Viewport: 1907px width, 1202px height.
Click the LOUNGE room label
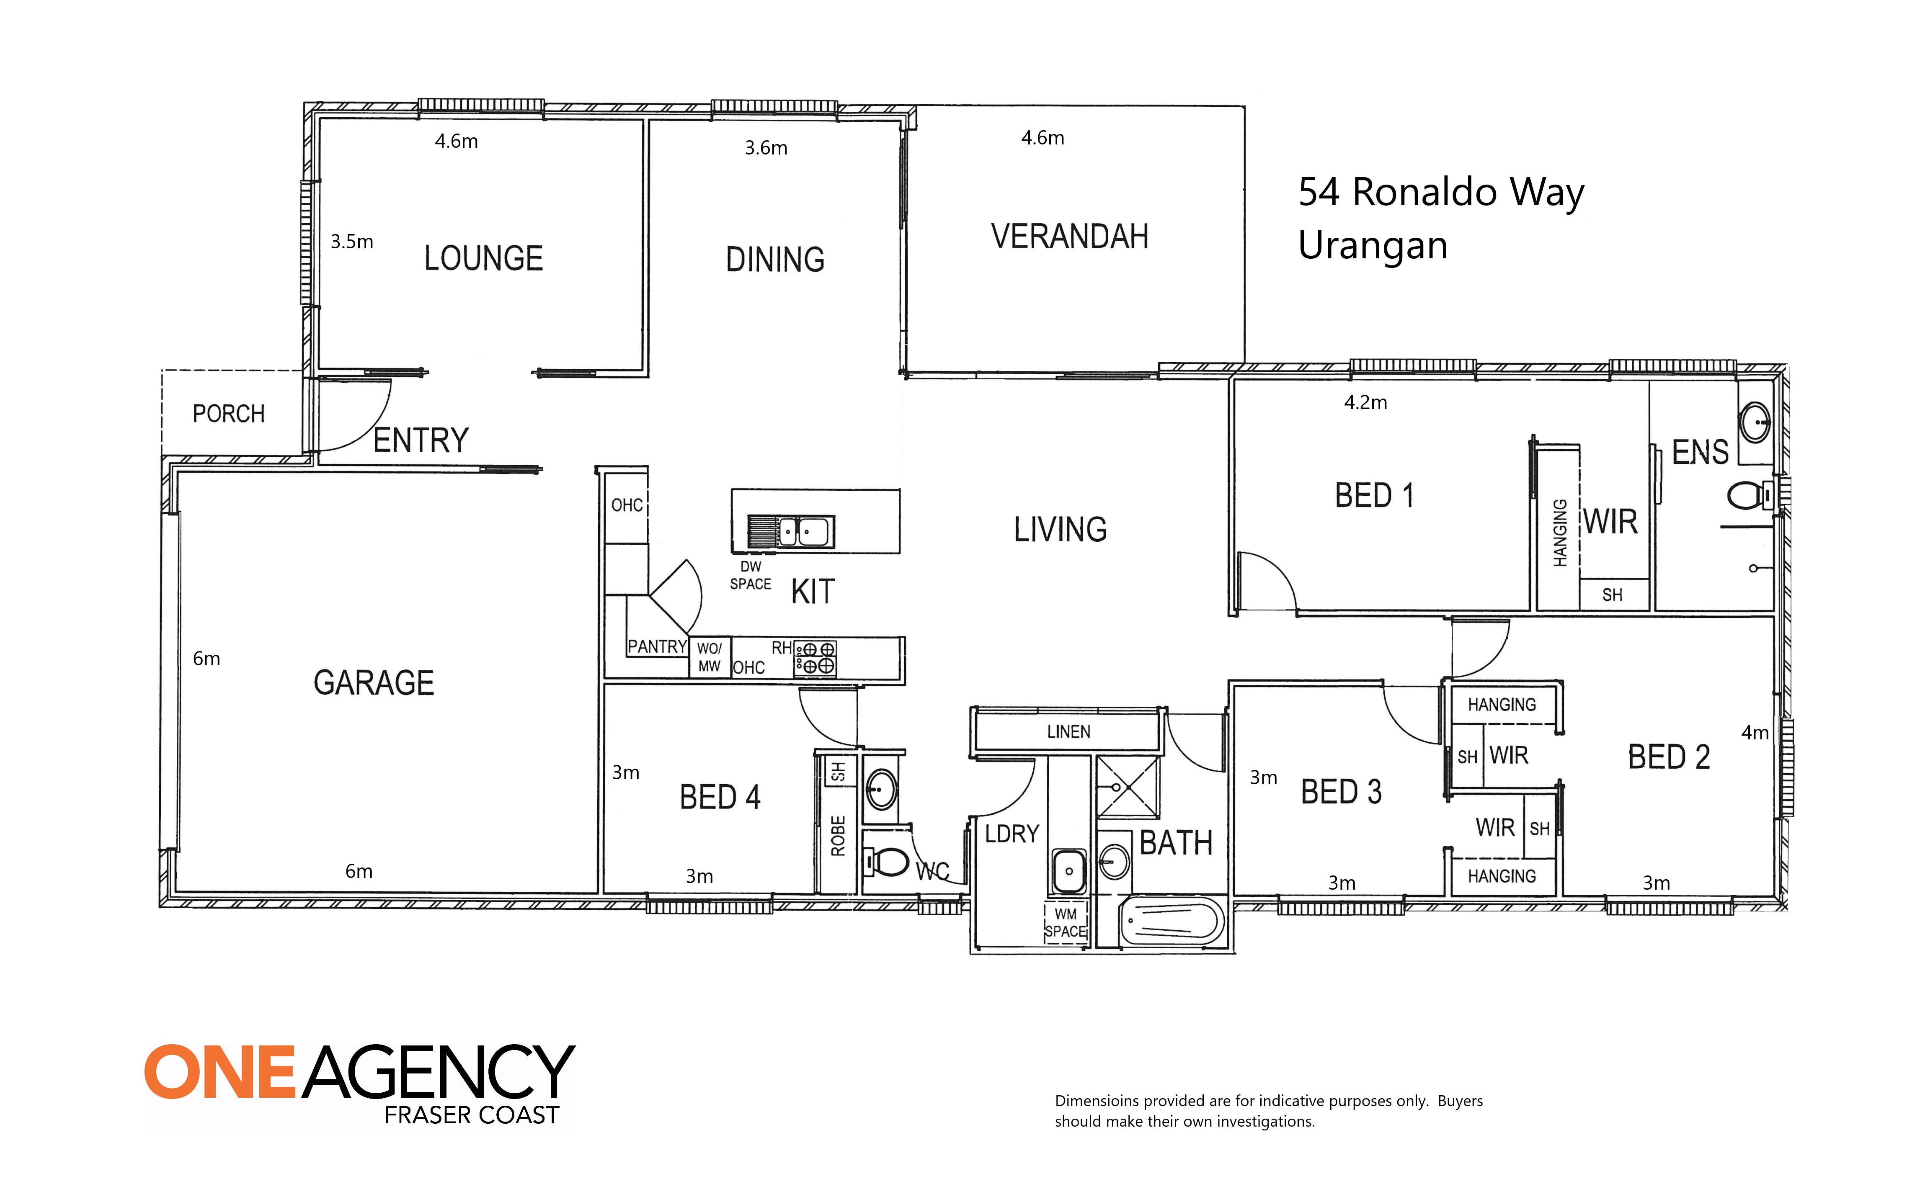483,258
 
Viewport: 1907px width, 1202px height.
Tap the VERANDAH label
1069,236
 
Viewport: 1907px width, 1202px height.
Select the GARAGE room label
374,682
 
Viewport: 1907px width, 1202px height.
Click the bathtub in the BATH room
1172,921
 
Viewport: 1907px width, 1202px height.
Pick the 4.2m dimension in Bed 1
1365,402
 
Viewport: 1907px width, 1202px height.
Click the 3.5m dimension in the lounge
352,242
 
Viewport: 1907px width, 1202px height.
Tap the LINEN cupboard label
1068,732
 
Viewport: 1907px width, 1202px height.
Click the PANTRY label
656,647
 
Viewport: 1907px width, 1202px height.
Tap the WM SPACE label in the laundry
1065,922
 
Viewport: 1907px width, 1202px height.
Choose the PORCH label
228,413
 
